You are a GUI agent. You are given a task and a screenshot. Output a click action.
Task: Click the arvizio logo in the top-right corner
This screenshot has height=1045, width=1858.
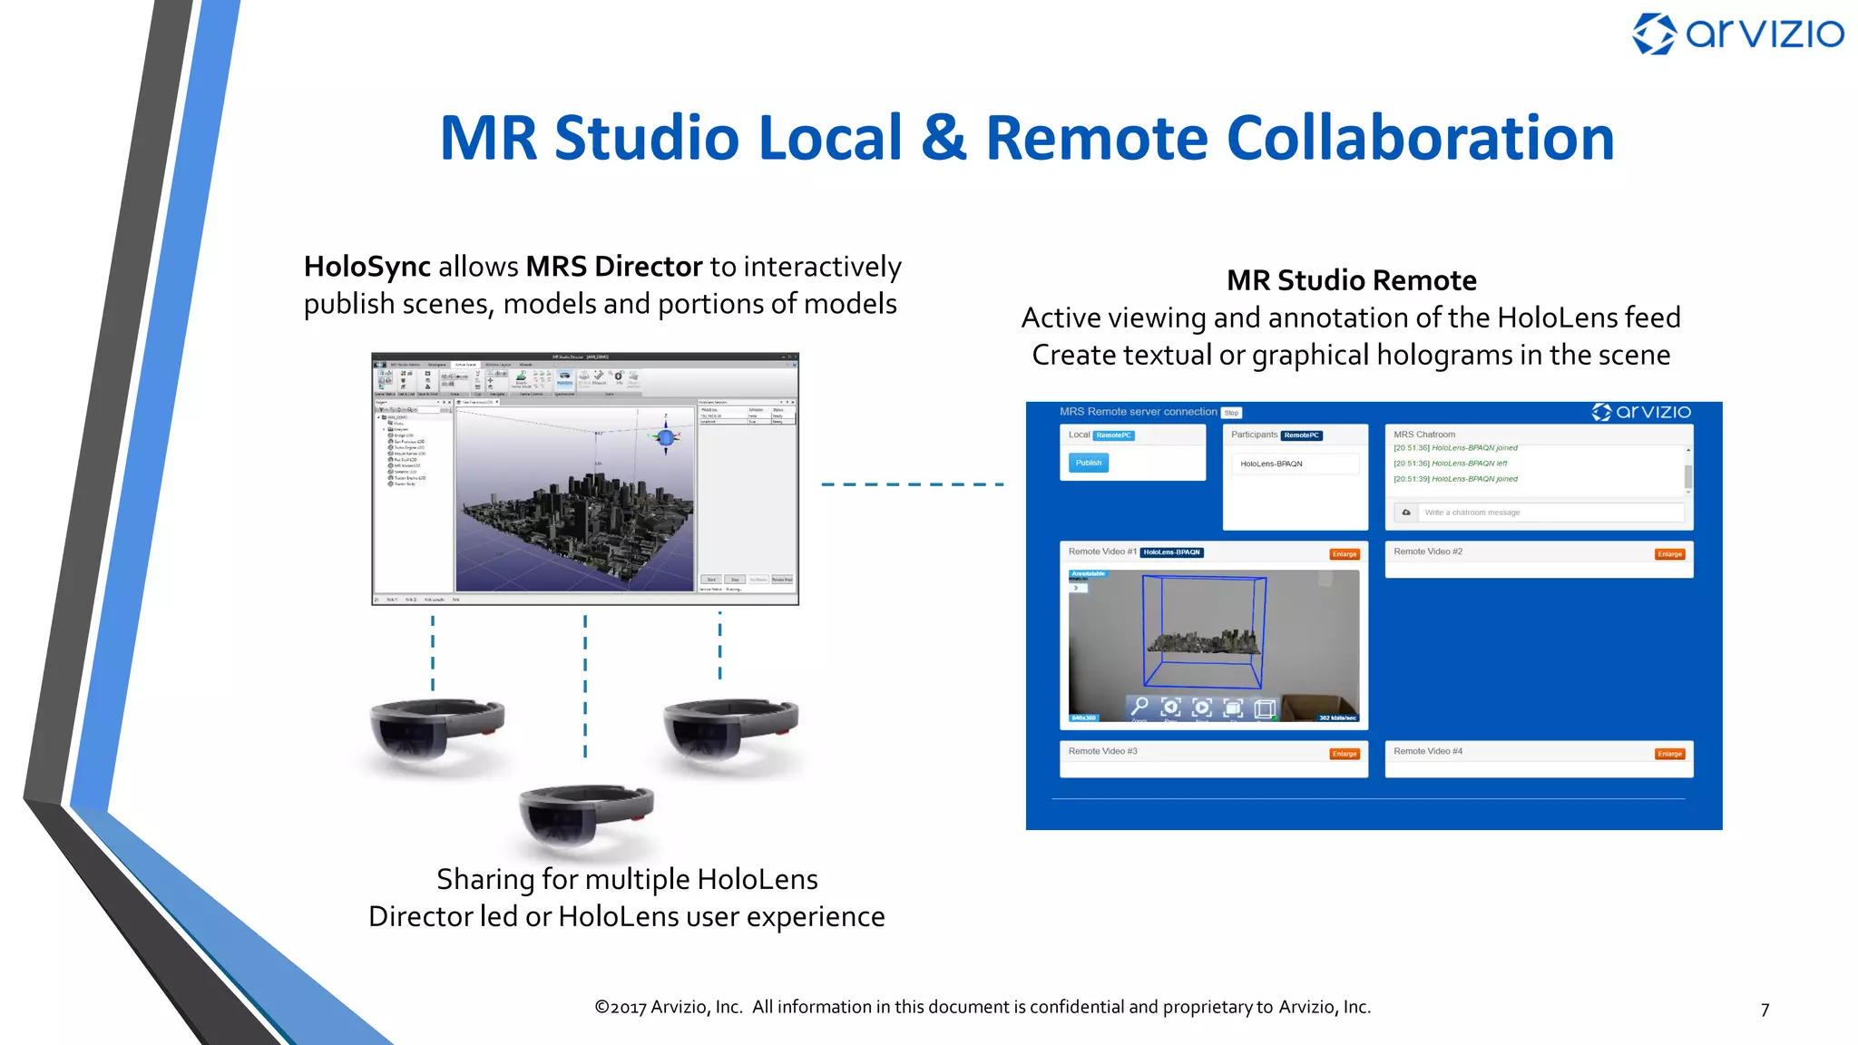pos(1737,34)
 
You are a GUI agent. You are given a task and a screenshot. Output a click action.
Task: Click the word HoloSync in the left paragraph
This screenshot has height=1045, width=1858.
pos(367,267)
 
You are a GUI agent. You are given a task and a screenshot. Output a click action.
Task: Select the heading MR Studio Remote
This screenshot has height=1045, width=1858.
pos(1351,280)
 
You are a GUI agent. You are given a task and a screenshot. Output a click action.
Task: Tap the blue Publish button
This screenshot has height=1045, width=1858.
pos(1088,463)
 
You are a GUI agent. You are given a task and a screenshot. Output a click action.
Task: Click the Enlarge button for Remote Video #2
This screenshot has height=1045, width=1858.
pos(1669,554)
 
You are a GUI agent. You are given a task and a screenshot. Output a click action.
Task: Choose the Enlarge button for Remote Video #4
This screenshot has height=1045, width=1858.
pos(1669,754)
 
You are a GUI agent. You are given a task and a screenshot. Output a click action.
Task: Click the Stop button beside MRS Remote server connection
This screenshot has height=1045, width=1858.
pos(1231,413)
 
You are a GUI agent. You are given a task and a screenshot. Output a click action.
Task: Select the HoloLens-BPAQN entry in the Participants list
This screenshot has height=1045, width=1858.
pos(1271,464)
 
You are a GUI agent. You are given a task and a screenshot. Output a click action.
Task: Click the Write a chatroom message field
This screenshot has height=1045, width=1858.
pos(1551,513)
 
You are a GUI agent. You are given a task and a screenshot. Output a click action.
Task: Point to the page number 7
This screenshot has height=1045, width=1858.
pos(1765,1010)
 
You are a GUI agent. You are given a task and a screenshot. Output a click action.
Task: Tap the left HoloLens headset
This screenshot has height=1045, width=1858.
pos(437,730)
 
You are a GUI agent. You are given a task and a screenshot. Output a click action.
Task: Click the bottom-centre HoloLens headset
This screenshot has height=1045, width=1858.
pos(586,815)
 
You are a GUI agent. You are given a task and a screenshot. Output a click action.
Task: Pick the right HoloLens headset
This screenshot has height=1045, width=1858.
pos(730,730)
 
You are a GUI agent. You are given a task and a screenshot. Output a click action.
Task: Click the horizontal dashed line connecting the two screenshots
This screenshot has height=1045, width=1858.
pos(912,484)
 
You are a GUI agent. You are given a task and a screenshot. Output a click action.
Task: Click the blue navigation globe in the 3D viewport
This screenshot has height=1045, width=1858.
pos(666,438)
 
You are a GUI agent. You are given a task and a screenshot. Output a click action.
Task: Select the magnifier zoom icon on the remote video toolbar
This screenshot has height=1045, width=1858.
pos(1140,706)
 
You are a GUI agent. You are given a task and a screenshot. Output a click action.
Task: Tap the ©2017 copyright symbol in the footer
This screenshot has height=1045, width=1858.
pos(601,1007)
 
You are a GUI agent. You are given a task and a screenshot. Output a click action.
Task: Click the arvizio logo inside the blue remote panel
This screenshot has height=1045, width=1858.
pos(1641,412)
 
